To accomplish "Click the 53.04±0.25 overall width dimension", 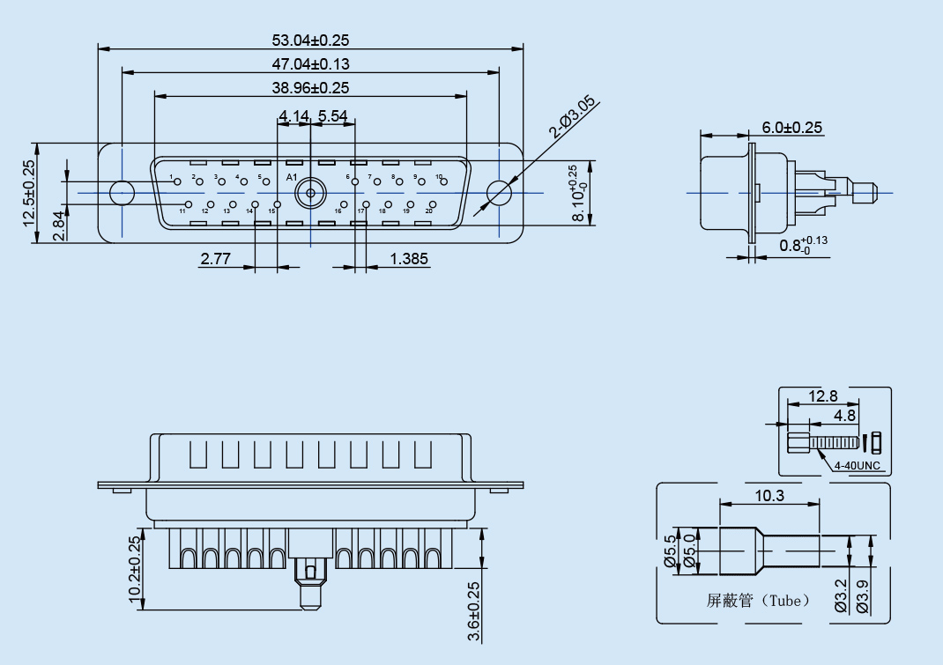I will pyautogui.click(x=311, y=40).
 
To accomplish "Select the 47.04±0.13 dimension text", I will pyautogui.click(x=311, y=63).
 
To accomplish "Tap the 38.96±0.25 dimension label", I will pyautogui.click(x=311, y=87).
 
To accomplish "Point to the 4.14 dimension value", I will pyautogui.click(x=293, y=115).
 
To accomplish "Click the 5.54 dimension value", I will pyautogui.click(x=333, y=115).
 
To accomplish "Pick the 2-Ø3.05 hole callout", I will pyautogui.click(x=572, y=118).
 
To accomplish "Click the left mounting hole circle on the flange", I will pyautogui.click(x=122, y=192).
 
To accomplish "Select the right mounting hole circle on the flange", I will pyautogui.click(x=500, y=192).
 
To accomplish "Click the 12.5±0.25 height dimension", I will pyautogui.click(x=30, y=194).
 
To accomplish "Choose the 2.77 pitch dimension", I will pyautogui.click(x=216, y=259).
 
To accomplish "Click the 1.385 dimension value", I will pyautogui.click(x=409, y=259).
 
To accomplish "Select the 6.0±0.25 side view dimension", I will pyautogui.click(x=792, y=128).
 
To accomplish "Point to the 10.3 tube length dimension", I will pyautogui.click(x=769, y=496).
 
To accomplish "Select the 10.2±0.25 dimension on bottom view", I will pyautogui.click(x=135, y=570).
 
